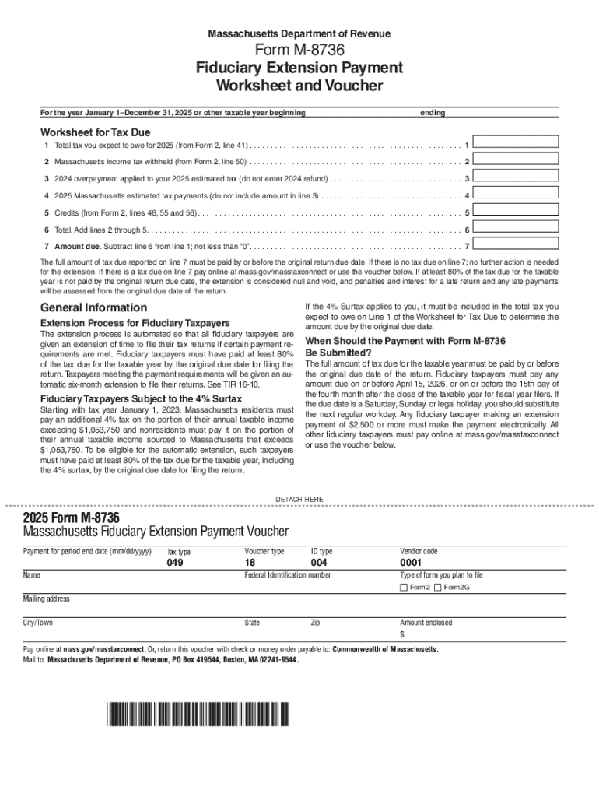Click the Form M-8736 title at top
299,51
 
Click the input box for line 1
517,142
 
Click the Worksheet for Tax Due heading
96,132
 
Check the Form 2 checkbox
404,587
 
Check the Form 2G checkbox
438,587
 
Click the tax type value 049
175,563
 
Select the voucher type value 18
250,563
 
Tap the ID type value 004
319,563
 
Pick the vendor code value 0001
411,563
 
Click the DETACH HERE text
299,499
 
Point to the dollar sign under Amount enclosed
402,634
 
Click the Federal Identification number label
288,575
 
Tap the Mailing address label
47,599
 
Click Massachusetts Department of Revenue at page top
299,34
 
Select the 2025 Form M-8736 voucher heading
72,517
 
